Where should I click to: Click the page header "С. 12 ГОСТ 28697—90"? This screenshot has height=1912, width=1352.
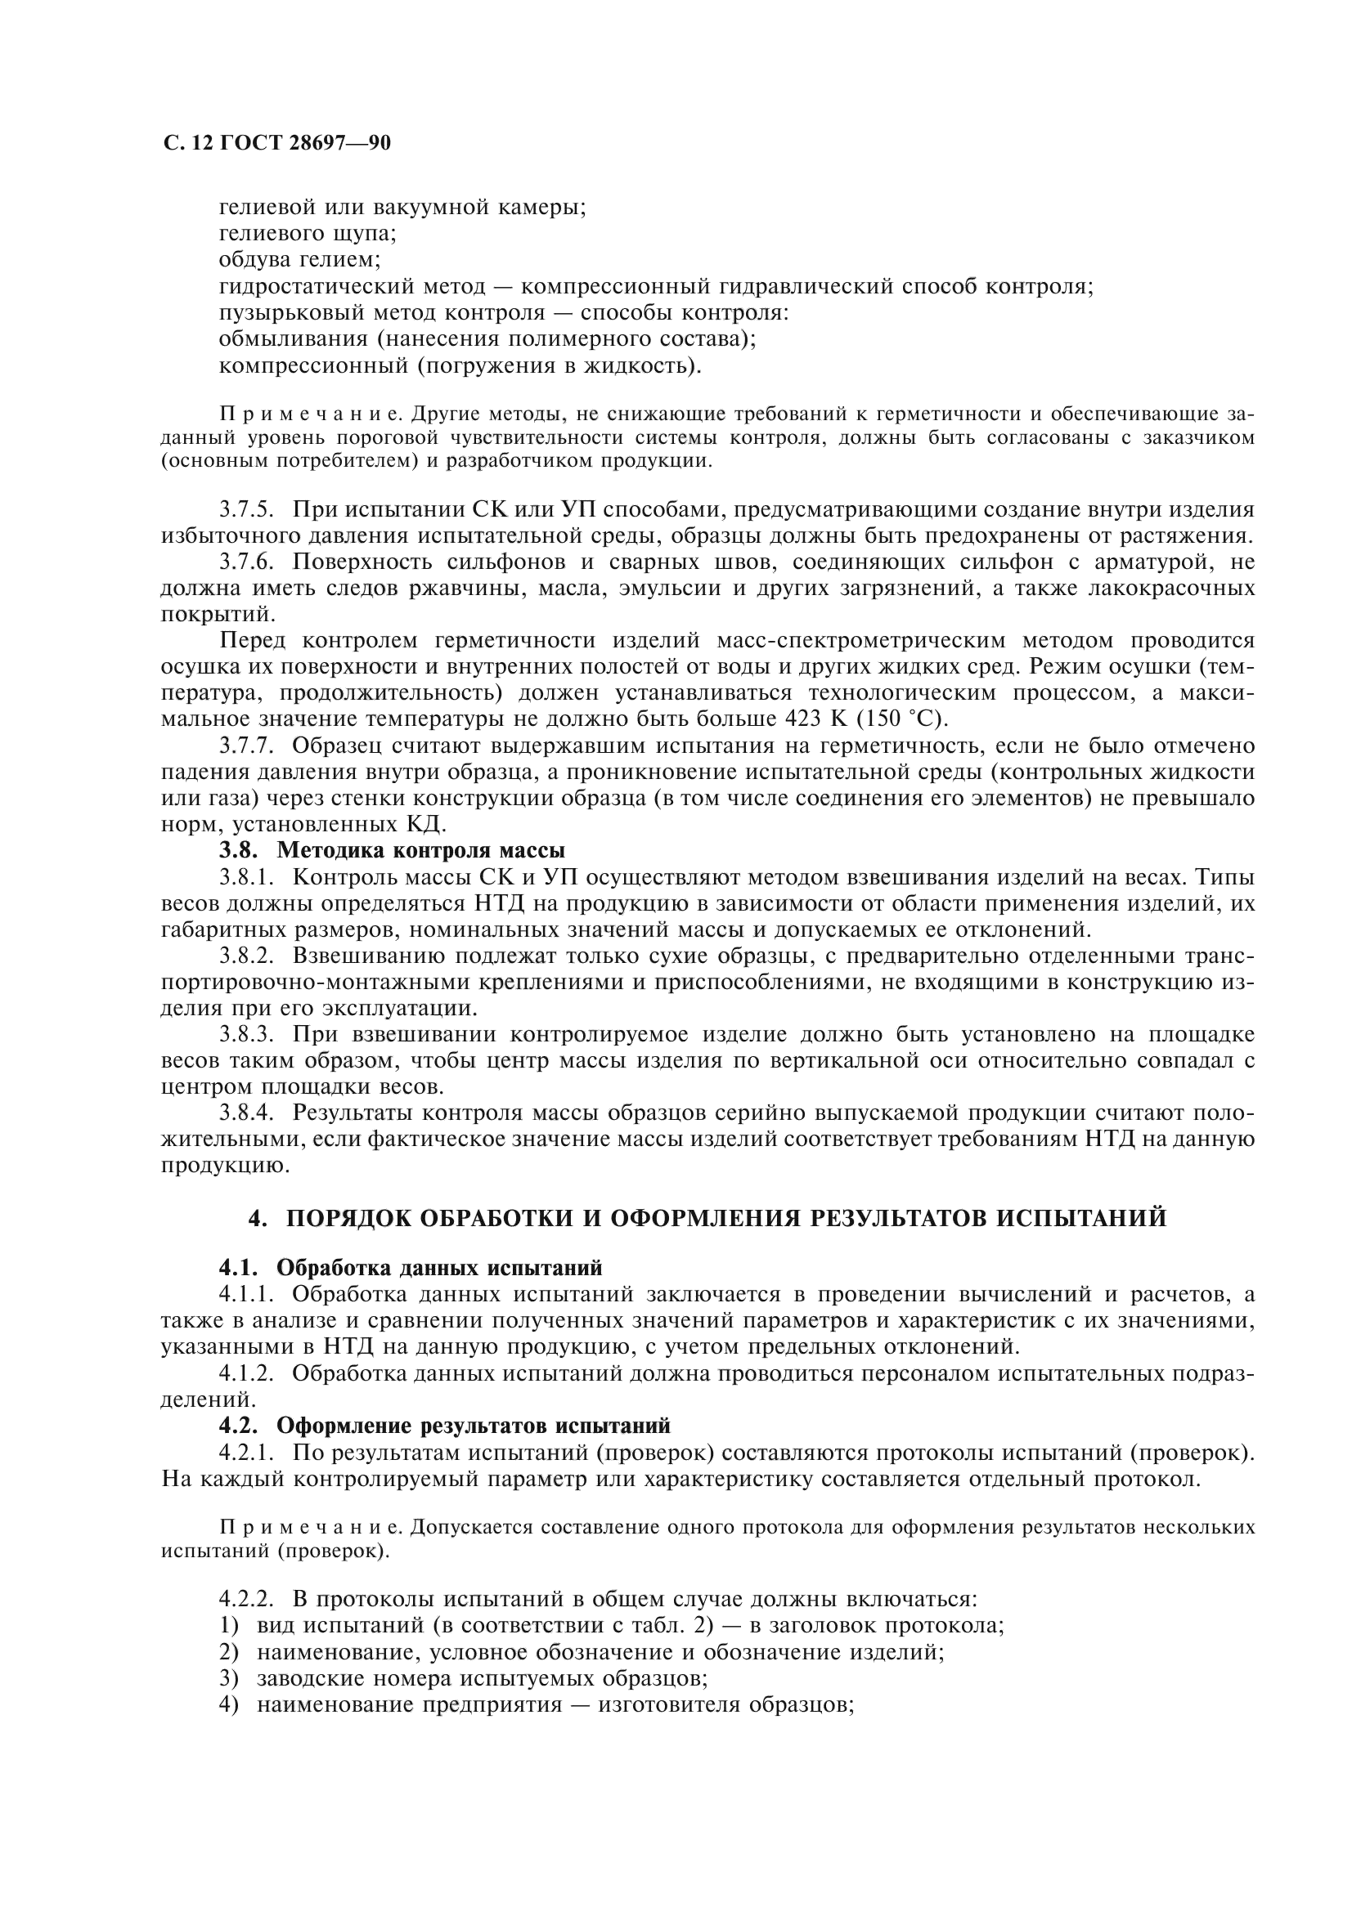(276, 144)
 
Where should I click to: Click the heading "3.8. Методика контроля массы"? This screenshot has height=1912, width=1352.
(393, 850)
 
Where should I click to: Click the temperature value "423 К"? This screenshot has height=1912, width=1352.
(815, 719)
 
